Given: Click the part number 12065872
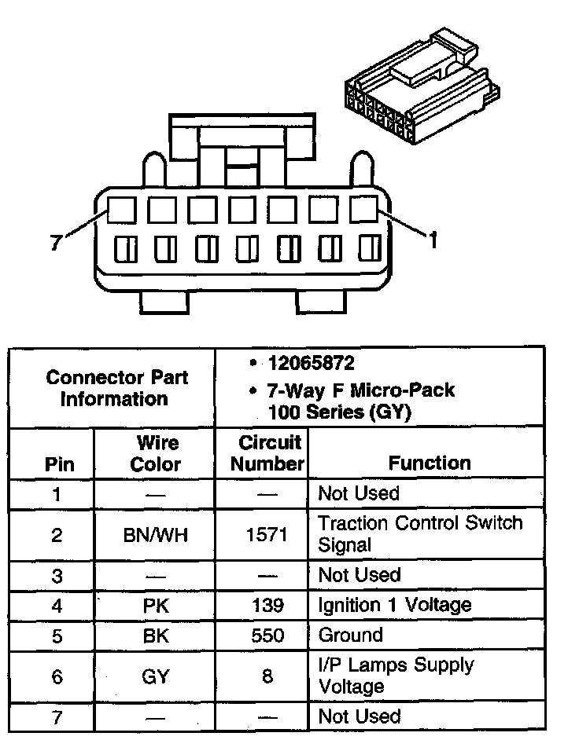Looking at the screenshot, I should pos(311,364).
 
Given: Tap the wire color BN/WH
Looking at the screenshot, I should pos(156,536).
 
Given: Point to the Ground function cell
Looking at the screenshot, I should pos(350,635).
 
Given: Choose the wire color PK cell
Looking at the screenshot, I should pos(156,605).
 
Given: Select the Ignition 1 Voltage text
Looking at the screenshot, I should pos(394,604).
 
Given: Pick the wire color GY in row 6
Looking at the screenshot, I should pos(156,676).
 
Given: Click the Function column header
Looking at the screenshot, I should pos(430,463).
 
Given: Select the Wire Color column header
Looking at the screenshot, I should pos(156,453).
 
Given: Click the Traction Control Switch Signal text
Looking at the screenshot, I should pos(420,533).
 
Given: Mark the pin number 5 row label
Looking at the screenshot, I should pos(57,635).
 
